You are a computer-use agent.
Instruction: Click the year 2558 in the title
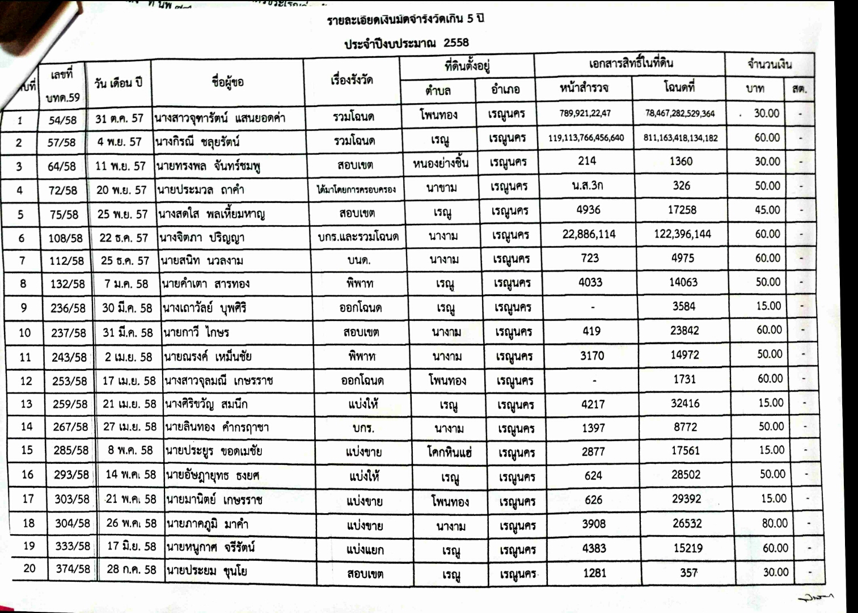tap(456, 43)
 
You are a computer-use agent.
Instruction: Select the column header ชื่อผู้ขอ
tap(227, 82)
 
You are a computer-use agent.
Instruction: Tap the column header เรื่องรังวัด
tap(352, 80)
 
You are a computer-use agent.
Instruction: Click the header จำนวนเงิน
tap(769, 64)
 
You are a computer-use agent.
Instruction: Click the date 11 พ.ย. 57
tap(120, 166)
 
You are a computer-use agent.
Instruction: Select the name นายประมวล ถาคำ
tap(202, 189)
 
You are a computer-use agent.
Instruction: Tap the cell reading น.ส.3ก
tap(588, 185)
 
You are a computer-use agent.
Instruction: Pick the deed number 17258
tap(682, 210)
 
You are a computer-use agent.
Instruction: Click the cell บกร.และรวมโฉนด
tap(358, 237)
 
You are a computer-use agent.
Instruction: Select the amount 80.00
tap(775, 523)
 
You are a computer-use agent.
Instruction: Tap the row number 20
tap(29, 568)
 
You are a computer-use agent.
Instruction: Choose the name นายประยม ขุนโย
tap(206, 570)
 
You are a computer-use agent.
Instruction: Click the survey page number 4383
tap(594, 548)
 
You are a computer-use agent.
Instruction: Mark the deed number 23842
tap(684, 330)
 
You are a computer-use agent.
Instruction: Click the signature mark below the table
tap(816, 597)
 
